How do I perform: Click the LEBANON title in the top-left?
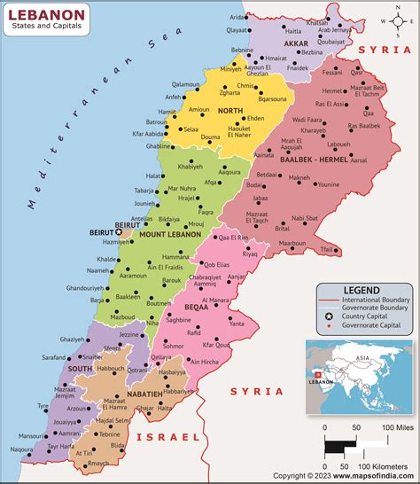coord(50,14)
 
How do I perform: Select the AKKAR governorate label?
coord(296,43)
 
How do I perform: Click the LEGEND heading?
coord(362,290)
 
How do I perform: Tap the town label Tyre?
coord(43,405)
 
